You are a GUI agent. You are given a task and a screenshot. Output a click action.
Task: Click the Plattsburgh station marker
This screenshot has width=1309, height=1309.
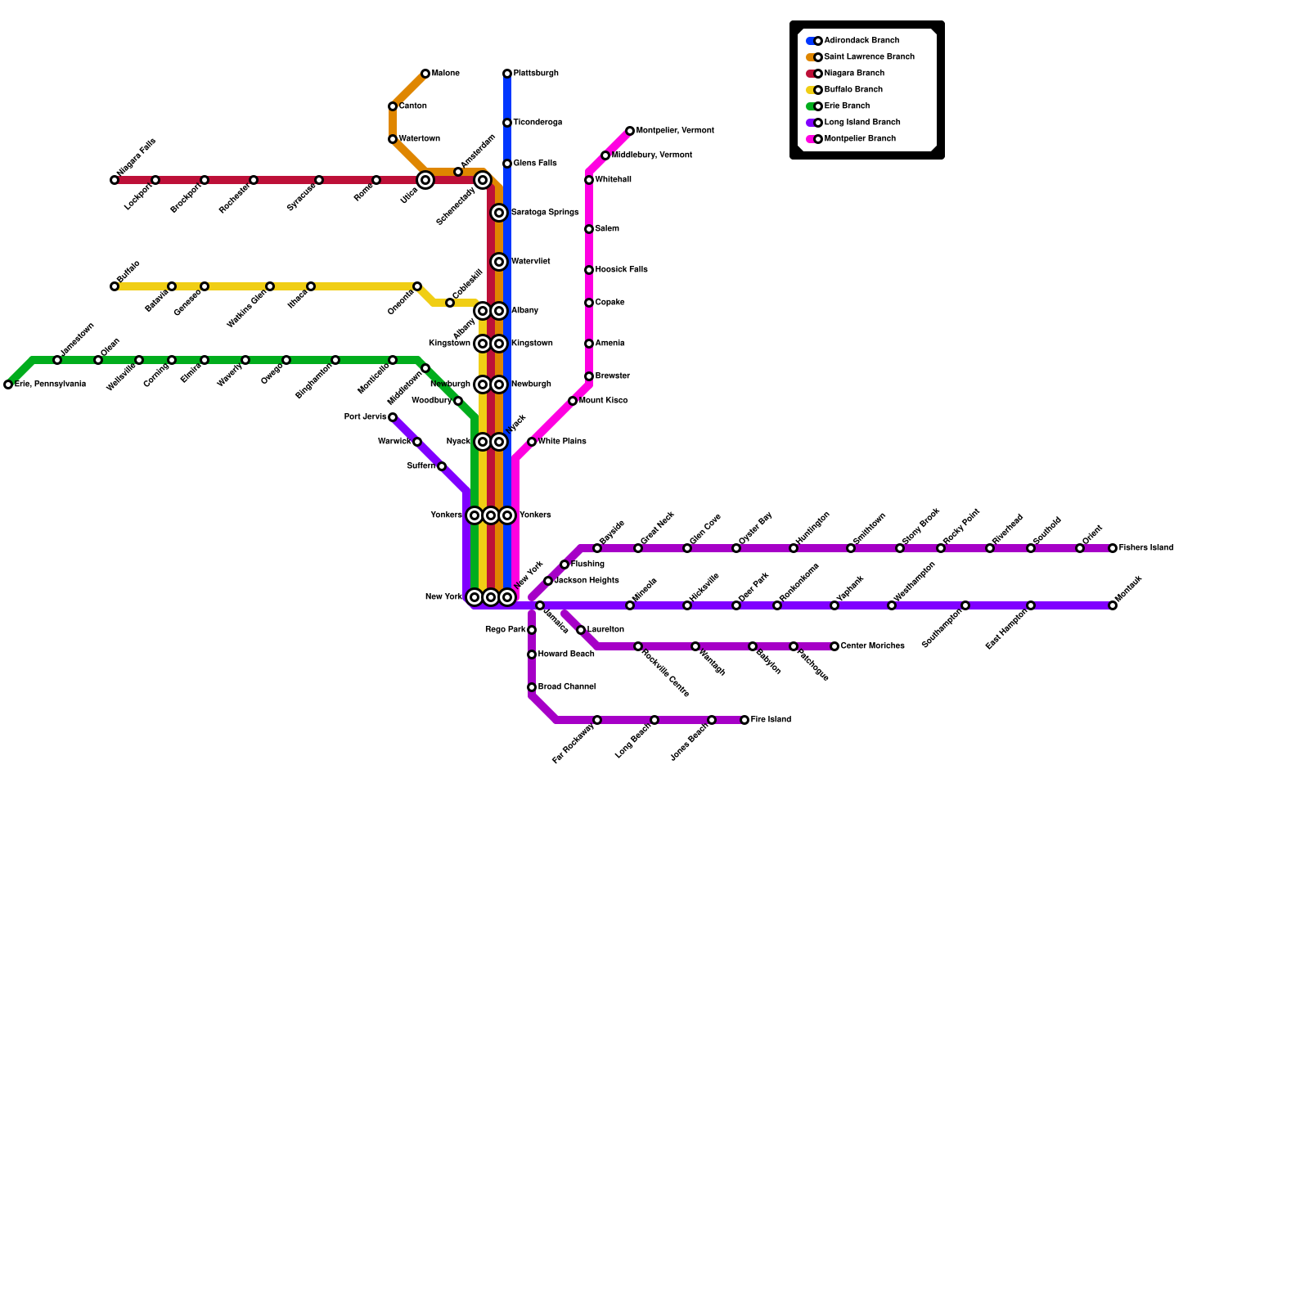(x=507, y=74)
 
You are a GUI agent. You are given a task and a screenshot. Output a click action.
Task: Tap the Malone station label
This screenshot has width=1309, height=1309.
(x=446, y=74)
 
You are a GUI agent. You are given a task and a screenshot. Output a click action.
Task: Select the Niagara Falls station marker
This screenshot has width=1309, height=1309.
(x=115, y=180)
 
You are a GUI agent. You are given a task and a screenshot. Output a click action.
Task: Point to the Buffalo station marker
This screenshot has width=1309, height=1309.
(x=115, y=286)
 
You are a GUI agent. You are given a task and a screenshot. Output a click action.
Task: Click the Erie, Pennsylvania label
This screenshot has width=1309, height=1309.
(x=50, y=385)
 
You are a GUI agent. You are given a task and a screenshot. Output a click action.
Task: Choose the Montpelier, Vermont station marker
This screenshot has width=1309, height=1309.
(x=630, y=131)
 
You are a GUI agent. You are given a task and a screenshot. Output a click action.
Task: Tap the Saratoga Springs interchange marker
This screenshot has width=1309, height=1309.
(x=499, y=213)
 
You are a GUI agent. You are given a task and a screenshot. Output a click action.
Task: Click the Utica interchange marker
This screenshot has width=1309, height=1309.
(x=425, y=180)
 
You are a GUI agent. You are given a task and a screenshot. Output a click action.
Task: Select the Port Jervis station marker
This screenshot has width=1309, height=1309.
(x=393, y=417)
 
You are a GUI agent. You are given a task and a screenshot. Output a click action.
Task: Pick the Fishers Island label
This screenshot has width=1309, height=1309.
(x=1146, y=548)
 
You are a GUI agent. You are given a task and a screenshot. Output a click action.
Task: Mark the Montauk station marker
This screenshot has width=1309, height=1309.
(x=1113, y=605)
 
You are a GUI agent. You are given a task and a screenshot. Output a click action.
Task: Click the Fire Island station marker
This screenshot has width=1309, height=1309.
(x=744, y=720)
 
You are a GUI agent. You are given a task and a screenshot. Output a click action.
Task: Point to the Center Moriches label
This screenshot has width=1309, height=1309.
(x=873, y=646)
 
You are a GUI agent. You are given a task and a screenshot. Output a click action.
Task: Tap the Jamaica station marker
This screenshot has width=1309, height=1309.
(x=540, y=605)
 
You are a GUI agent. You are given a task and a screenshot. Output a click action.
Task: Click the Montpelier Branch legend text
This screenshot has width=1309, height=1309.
(x=860, y=139)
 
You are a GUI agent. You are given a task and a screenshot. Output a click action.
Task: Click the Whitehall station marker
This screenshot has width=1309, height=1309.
(x=589, y=180)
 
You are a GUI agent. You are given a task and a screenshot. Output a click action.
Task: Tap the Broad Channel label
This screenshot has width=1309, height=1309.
(x=567, y=687)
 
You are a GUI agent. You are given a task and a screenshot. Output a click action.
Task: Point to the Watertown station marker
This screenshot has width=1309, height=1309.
(x=393, y=139)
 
